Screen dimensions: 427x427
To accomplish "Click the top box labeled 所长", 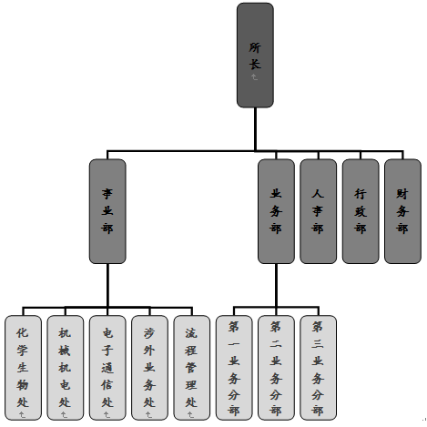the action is tap(255, 56).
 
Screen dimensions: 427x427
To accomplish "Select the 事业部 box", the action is tap(107, 211).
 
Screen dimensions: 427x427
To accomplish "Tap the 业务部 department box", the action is tap(276, 211).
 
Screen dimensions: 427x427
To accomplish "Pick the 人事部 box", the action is tap(318, 211).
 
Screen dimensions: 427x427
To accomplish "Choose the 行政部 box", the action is tap(361, 211).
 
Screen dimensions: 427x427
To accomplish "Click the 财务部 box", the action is tap(402, 211).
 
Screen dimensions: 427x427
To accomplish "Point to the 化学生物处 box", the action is tap(23, 368).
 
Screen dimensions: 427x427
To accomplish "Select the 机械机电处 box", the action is tap(66, 368).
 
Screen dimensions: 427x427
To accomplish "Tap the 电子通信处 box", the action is tap(107, 368).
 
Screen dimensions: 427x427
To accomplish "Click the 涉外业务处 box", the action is tap(149, 368).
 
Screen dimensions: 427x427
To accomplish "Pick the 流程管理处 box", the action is tap(192, 368).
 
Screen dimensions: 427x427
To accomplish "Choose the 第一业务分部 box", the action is tap(234, 368).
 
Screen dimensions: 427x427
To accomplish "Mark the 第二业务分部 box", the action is tap(276, 368).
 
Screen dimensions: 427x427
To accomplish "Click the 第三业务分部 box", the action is tap(318, 368).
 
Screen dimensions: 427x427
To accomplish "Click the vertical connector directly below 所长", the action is tap(255, 129).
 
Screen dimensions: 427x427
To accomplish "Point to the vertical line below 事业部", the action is tap(107, 285).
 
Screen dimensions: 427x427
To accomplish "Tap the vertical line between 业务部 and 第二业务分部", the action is tap(276, 285).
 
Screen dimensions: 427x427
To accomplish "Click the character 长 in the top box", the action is tap(255, 65).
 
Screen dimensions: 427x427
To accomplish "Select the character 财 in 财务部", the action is tap(402, 194).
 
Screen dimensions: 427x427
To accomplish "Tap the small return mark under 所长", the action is tap(254, 77).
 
